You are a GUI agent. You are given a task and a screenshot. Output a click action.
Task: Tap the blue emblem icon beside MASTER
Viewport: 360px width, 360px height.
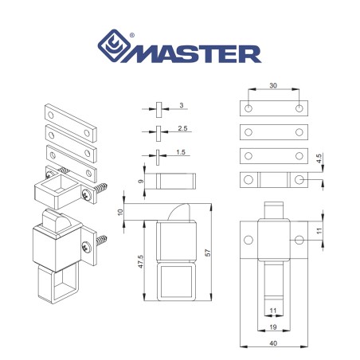(x=116, y=49)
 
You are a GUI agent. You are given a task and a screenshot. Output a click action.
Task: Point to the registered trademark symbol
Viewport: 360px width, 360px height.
(x=131, y=34)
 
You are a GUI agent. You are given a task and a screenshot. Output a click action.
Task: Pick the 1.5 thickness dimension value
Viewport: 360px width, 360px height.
(x=182, y=151)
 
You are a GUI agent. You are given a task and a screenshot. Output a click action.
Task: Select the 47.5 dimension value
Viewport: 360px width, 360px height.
(x=141, y=263)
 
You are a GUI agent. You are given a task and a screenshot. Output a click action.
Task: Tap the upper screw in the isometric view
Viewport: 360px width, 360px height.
(x=102, y=189)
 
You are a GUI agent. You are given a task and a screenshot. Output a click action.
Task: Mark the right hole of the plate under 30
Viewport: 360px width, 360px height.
(x=299, y=108)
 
